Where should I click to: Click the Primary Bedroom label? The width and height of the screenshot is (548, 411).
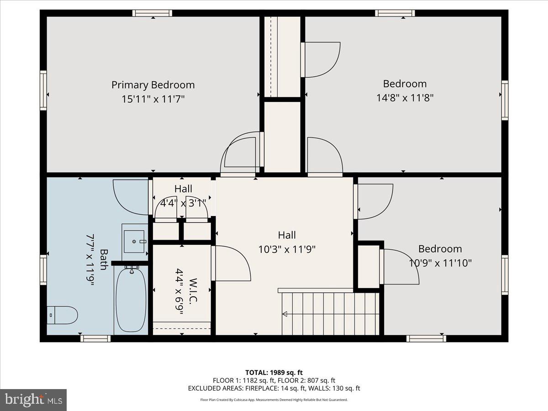(x=153, y=85)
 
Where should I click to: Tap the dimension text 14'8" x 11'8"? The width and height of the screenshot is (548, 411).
(x=405, y=97)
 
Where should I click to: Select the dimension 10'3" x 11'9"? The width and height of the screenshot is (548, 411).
(x=287, y=249)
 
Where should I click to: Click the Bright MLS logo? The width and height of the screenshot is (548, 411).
(x=33, y=400)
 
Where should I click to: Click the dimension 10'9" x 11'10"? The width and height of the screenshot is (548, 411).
(x=440, y=263)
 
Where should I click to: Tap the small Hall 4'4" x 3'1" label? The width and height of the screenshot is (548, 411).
(x=183, y=195)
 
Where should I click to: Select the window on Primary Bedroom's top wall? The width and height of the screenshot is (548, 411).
(x=152, y=13)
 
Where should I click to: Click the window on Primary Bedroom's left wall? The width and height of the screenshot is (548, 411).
(x=43, y=90)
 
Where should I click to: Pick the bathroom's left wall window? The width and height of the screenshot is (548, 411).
(x=43, y=270)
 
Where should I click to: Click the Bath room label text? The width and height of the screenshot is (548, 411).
(x=104, y=259)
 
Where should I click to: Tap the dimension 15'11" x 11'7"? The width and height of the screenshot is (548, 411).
(x=153, y=99)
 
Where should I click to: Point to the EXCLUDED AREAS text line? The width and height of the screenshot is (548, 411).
(x=274, y=389)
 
